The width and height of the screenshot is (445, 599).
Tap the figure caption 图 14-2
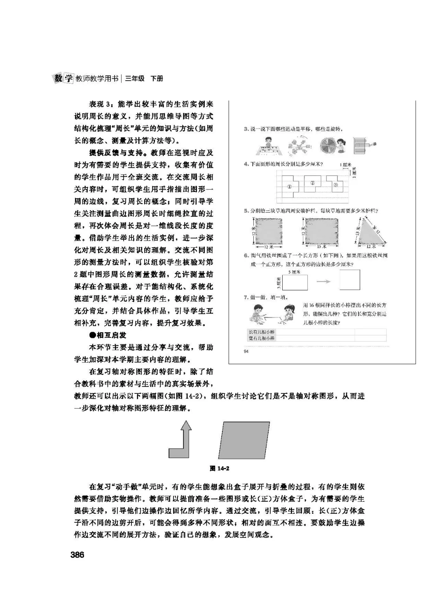(219, 468)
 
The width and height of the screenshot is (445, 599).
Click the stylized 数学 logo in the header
(63, 78)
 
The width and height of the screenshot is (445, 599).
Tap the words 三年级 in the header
(135, 78)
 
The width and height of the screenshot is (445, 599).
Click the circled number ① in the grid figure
(290, 186)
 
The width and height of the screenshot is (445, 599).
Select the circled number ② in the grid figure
(312, 183)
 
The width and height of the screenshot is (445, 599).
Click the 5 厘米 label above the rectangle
(294, 272)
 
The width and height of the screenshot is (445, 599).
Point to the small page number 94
(246, 351)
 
